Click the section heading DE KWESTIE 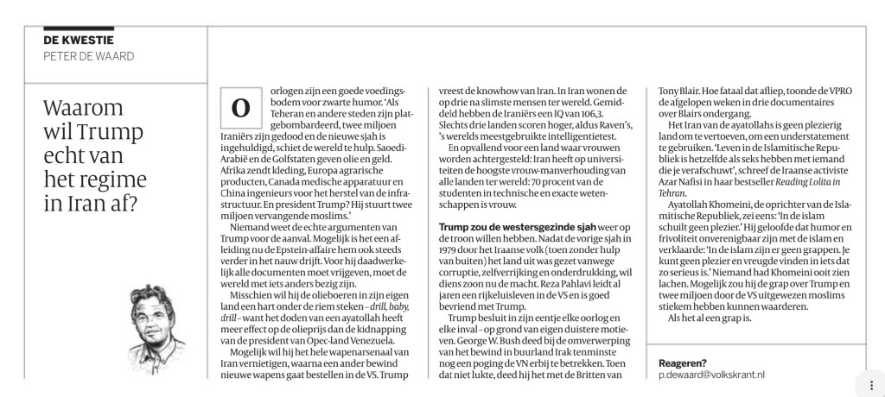(79, 41)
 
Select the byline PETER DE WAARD (89, 56)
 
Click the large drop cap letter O (239, 109)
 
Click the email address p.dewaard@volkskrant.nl (711, 375)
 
